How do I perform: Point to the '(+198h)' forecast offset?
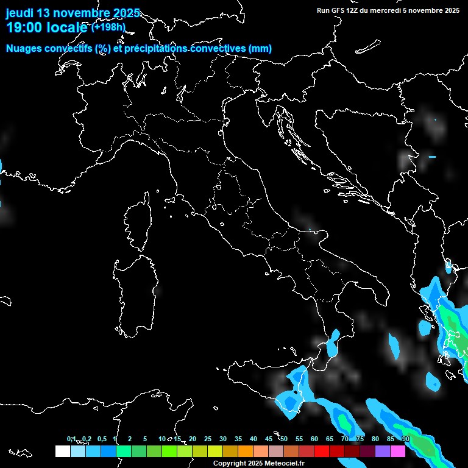pyautogui.click(x=108, y=27)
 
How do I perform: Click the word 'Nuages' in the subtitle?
pyautogui.click(x=25, y=49)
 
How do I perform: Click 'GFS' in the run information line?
pyautogui.click(x=338, y=10)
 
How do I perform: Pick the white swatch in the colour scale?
pyautogui.click(x=62, y=451)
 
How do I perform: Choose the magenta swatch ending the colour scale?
pyautogui.click(x=398, y=451)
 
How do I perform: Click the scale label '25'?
pyautogui.click(x=207, y=439)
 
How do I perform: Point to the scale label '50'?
pyautogui.click(x=284, y=439)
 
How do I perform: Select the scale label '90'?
pyautogui.click(x=406, y=439)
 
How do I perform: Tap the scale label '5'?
pyautogui.click(x=145, y=439)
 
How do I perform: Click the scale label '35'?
pyautogui.click(x=238, y=439)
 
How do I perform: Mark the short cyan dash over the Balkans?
pyautogui.click(x=432, y=157)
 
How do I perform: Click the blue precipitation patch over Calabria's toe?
pyautogui.click(x=333, y=345)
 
